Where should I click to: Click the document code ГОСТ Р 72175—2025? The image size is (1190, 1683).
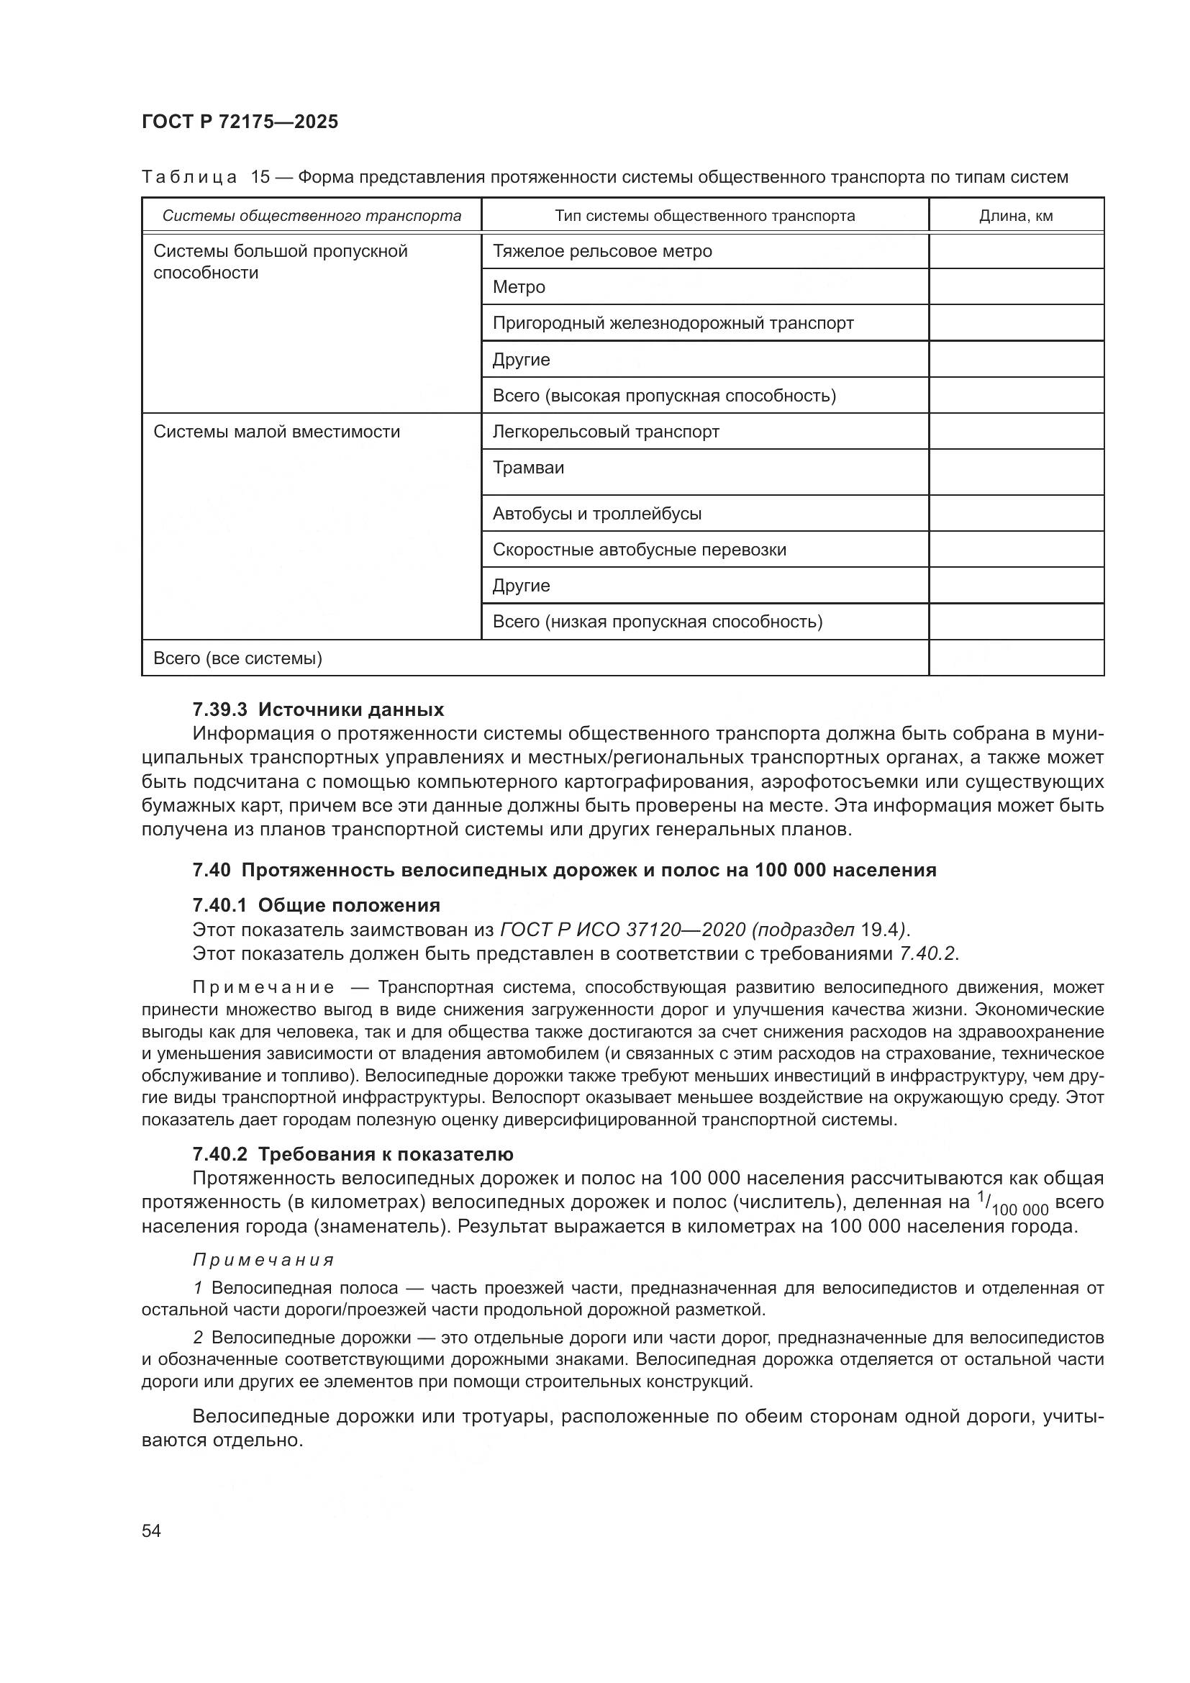(240, 122)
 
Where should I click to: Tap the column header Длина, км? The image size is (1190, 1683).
(1016, 217)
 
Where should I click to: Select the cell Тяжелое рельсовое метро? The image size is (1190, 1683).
(602, 251)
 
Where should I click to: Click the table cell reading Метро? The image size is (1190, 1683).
(519, 287)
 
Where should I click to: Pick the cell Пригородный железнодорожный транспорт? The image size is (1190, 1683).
(673, 323)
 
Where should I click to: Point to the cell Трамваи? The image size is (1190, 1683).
(528, 468)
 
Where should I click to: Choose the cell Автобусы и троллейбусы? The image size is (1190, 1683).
(596, 514)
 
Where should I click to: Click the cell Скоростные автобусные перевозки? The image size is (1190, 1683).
(639, 550)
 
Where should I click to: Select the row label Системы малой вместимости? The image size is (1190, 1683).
(276, 432)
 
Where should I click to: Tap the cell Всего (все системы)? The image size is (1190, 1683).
(237, 658)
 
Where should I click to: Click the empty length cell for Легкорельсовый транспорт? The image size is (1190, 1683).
(1016, 432)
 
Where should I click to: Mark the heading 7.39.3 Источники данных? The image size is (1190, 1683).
(318, 709)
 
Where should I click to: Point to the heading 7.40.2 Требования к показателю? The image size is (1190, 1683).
(353, 1154)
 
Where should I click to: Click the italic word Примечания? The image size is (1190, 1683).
(264, 1260)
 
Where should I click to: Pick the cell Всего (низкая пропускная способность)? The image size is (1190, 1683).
(658, 622)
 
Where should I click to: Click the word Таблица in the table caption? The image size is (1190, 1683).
(189, 178)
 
